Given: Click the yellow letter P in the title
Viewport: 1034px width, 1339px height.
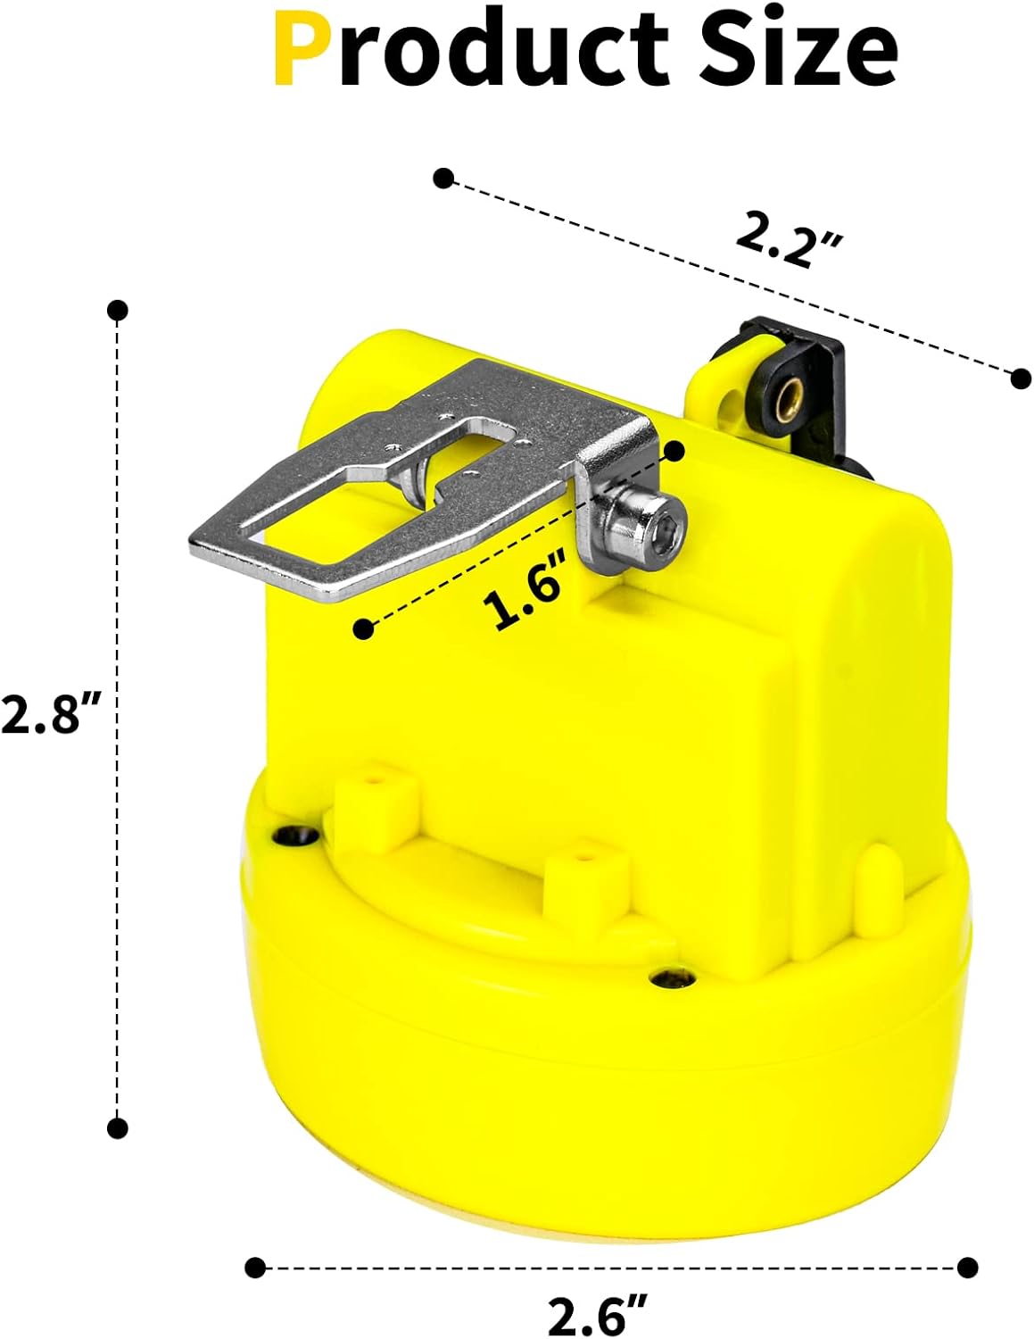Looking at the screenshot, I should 302,50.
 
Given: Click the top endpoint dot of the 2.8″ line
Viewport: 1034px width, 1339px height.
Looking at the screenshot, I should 117,311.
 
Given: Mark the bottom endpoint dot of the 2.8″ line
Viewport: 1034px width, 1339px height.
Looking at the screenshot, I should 117,1127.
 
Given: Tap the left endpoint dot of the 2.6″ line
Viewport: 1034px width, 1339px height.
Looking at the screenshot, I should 255,1267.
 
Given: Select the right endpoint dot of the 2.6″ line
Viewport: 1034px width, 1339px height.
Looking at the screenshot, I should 966,1267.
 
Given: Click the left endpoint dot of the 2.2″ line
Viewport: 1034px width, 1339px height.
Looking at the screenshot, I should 443,178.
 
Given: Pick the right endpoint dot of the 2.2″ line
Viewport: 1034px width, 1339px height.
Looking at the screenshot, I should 1021,378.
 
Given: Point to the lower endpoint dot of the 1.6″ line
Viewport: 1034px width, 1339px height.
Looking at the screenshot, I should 363,629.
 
